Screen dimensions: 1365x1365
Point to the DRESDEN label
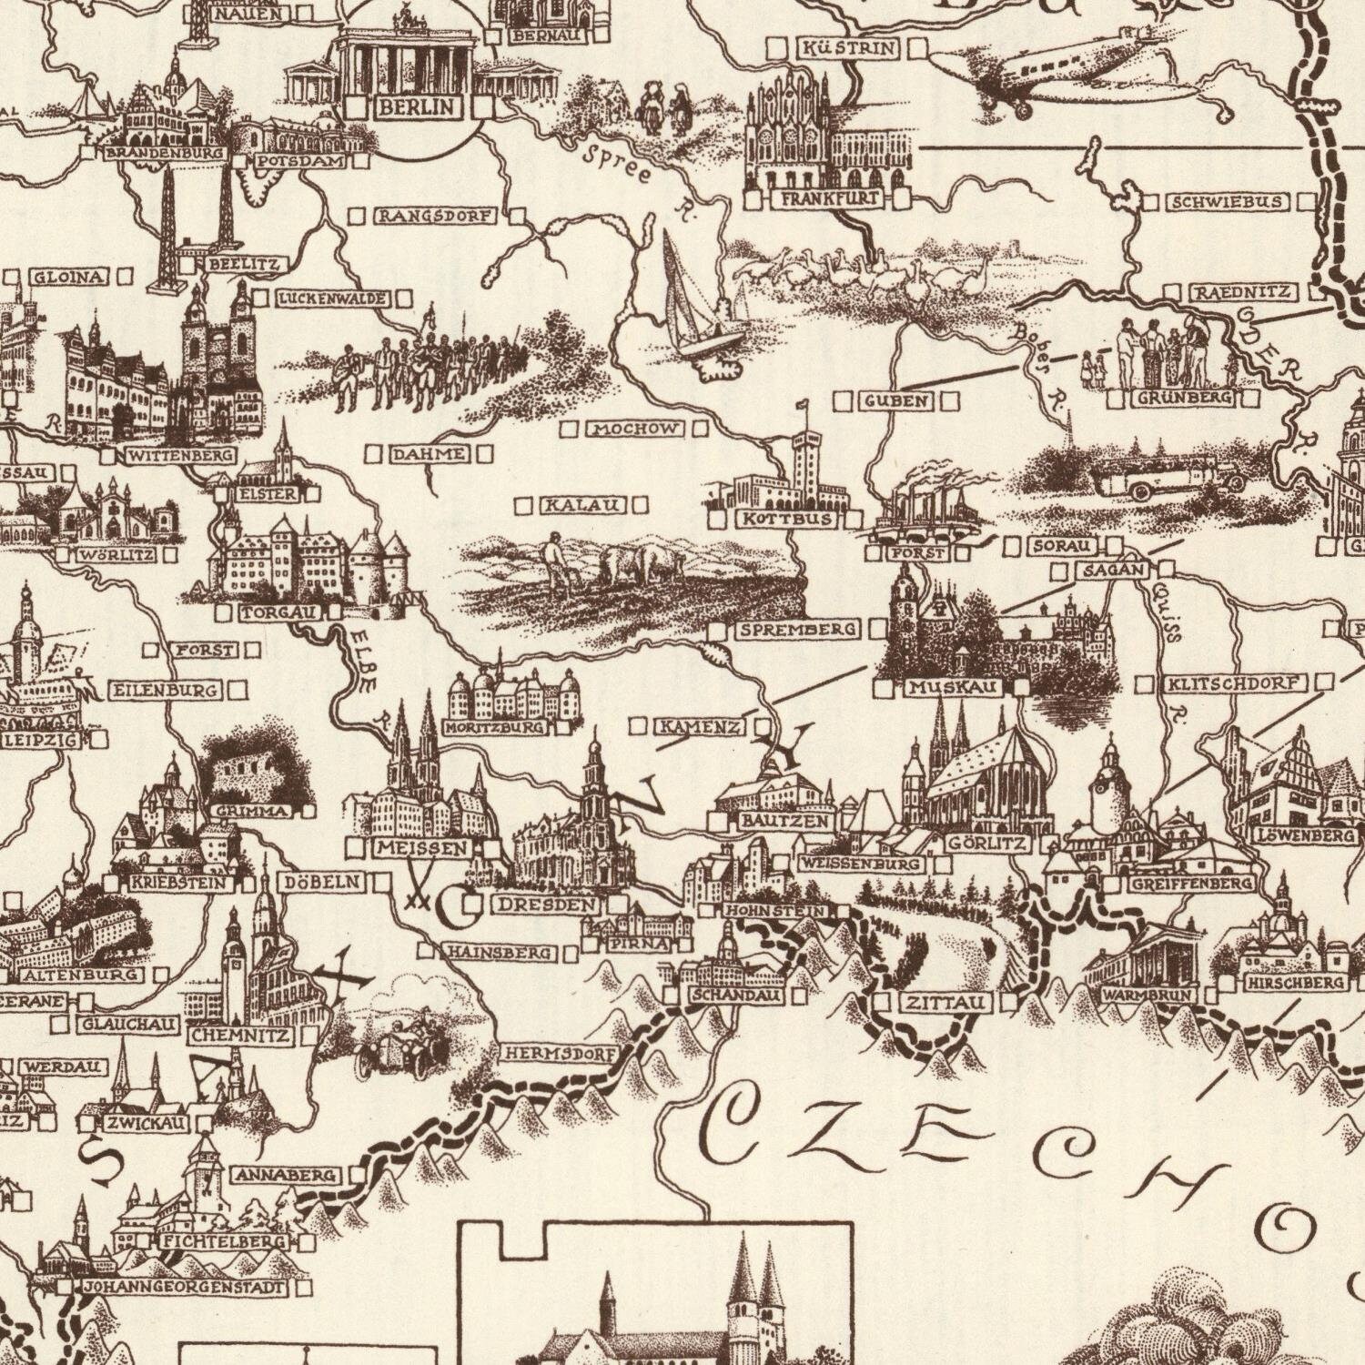[x=548, y=905]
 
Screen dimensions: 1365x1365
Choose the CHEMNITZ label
[x=240, y=1036]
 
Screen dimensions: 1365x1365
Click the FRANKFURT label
[x=828, y=198]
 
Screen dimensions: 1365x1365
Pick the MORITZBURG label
[x=496, y=728]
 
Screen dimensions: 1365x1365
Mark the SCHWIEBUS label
[x=1228, y=201]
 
